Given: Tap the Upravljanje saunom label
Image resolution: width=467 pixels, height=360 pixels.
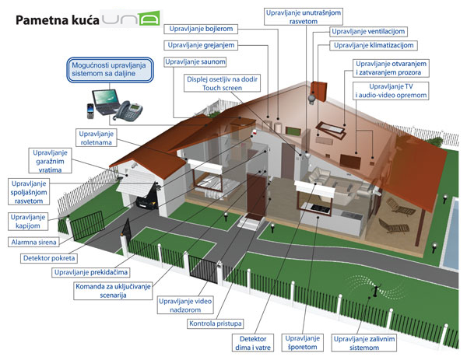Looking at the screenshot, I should point(196,61).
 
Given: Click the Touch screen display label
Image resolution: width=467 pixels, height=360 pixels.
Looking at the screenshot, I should point(223,84).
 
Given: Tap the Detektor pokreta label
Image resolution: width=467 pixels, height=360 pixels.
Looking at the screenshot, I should point(49,257).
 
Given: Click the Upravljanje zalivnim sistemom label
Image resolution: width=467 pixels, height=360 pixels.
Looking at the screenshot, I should point(361,342).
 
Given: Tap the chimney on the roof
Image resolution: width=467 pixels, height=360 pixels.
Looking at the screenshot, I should point(318,91).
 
